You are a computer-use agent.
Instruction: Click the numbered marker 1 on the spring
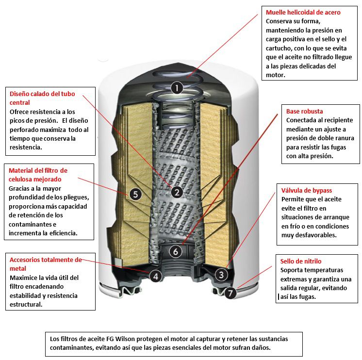click(x=177, y=88)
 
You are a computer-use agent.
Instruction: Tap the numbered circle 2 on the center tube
click(x=177, y=192)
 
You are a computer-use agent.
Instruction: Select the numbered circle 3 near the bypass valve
click(x=221, y=275)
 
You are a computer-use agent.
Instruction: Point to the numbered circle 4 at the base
click(x=155, y=276)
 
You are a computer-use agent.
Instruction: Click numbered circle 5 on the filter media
click(x=135, y=195)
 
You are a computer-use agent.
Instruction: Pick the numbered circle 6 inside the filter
click(x=176, y=251)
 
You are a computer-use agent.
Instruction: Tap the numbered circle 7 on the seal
click(x=230, y=293)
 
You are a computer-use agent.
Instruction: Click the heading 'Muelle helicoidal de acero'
click(x=303, y=13)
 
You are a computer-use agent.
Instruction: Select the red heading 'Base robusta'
click(x=304, y=111)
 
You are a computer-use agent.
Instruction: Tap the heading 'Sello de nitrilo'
click(x=301, y=261)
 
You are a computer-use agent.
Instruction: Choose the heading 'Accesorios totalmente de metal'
click(x=45, y=264)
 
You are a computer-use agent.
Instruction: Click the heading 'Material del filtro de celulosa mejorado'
click(x=38, y=175)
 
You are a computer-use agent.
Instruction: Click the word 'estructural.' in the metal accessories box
click(x=27, y=304)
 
